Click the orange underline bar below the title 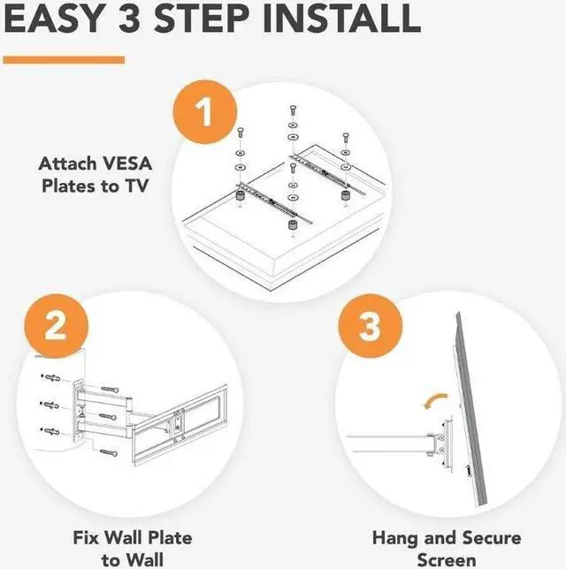[x=64, y=60]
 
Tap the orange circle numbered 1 [x=205, y=112]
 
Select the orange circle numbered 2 [x=57, y=326]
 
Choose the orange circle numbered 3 [x=371, y=326]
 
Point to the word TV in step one [x=137, y=186]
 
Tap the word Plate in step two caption [x=171, y=537]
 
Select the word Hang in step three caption [x=395, y=538]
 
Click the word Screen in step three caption [x=447, y=560]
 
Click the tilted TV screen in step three [x=471, y=409]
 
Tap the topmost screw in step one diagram [x=293, y=110]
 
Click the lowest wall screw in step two [x=109, y=452]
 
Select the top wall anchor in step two [x=51, y=378]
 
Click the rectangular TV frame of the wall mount [x=180, y=425]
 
